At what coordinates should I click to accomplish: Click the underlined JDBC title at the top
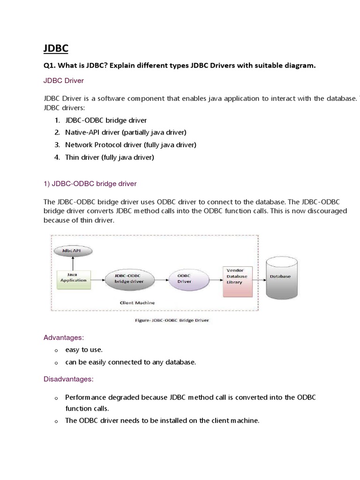[x=55, y=48]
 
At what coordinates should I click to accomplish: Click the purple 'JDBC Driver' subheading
[x=64, y=81]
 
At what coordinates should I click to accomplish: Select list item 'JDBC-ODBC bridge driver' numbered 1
[x=106, y=120]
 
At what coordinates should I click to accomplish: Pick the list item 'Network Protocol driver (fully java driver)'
[x=131, y=145]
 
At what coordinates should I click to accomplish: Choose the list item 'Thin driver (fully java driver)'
[x=110, y=157]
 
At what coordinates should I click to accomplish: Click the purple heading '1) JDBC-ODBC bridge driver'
[x=90, y=183]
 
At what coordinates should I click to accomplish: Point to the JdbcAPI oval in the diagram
[x=74, y=251]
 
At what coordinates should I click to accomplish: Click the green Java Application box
[x=74, y=277]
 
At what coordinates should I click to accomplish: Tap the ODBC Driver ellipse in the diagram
[x=184, y=279]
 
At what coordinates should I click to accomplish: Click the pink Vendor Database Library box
[x=237, y=280]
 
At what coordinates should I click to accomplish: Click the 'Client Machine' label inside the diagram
[x=137, y=303]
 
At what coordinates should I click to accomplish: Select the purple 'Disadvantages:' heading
[x=68, y=378]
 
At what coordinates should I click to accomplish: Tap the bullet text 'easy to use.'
[x=84, y=350]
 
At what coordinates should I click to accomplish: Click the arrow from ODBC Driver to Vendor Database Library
[x=214, y=280]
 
